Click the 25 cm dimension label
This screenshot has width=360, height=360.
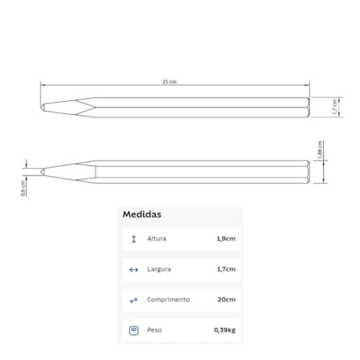tap(170, 81)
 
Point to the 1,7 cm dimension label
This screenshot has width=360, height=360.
tap(334, 107)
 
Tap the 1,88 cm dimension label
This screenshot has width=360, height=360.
tap(320, 149)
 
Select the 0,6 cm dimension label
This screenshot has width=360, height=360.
tap(23, 188)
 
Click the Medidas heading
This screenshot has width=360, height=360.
tap(142, 214)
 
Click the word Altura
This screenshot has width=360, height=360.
tap(157, 239)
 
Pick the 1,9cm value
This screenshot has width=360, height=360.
tap(226, 239)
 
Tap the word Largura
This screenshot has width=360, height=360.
tap(159, 269)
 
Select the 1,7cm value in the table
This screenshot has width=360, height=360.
tap(226, 269)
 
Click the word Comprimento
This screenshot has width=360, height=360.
tap(168, 300)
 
